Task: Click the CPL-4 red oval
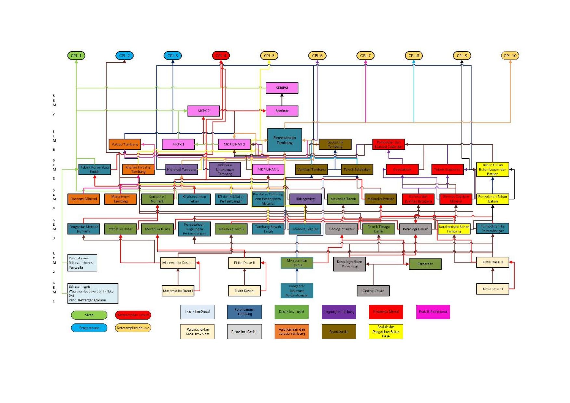tap(221, 56)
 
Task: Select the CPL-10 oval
tap(510, 56)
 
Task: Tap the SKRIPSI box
tap(282, 88)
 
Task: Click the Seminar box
tap(282, 111)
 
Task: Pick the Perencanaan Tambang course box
tap(285, 140)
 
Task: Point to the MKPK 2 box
tap(203, 111)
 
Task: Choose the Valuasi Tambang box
tap(125, 144)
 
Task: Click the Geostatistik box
tap(402, 169)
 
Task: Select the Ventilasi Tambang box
tap(311, 169)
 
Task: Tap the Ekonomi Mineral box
tap(84, 199)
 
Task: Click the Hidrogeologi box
tap(305, 199)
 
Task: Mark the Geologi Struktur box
tap(342, 229)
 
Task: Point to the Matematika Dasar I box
tap(178, 291)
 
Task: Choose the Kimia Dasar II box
tap(493, 262)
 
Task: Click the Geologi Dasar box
tap(373, 291)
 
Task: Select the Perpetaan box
tap(425, 264)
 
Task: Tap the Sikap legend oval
tap(89, 315)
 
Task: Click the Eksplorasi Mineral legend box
tap(386, 312)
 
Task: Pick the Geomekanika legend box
tap(339, 332)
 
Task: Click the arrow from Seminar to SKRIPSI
tap(282, 99)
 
